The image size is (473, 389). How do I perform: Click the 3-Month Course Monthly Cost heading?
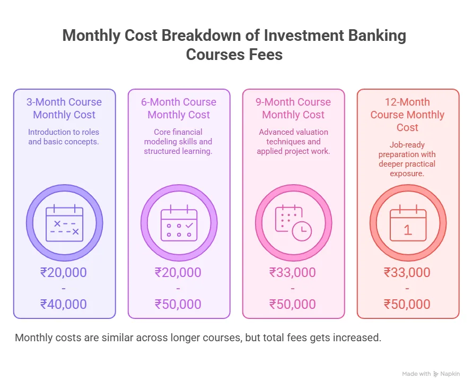(x=64, y=108)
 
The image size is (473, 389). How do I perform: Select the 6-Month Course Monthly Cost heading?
(x=179, y=108)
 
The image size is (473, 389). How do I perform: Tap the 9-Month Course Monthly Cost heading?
(x=293, y=108)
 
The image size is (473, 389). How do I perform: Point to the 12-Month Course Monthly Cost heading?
(x=408, y=115)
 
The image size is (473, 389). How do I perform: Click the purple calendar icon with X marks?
(x=64, y=223)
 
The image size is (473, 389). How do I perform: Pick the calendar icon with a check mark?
(x=179, y=223)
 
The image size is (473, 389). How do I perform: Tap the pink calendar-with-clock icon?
(x=293, y=223)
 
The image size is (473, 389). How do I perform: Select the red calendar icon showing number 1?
(x=408, y=223)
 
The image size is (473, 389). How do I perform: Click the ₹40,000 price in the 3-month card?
(x=64, y=304)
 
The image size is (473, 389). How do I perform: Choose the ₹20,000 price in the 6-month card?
(x=178, y=273)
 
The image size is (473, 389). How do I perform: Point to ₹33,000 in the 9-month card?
(x=293, y=273)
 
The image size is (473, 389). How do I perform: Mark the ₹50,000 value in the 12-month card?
(x=407, y=304)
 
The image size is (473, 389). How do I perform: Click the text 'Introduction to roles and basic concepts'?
(x=64, y=137)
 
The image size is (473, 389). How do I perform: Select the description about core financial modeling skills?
(x=178, y=142)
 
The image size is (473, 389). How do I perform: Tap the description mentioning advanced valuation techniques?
(x=293, y=142)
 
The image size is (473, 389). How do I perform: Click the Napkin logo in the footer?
(x=446, y=374)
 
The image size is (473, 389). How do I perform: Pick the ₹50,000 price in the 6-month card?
(x=178, y=304)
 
